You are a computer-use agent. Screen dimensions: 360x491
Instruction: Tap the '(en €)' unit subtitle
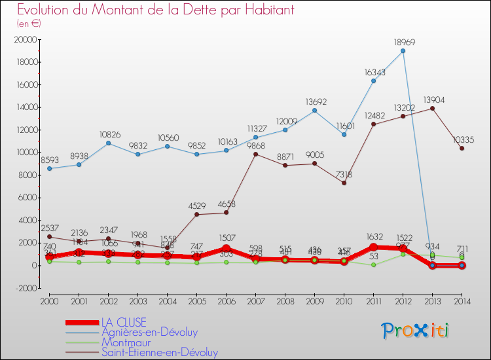(x=29, y=23)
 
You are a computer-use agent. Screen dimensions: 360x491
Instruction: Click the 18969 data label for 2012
(x=403, y=43)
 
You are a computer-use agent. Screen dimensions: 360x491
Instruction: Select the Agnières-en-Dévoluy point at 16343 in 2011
(x=373, y=81)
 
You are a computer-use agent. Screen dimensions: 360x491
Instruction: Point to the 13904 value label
(x=432, y=99)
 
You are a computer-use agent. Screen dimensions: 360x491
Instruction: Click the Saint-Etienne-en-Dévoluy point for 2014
(x=462, y=149)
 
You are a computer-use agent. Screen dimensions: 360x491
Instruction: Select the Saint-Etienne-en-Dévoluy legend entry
(x=159, y=352)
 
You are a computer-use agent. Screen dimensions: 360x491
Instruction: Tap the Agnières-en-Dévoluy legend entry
(x=149, y=333)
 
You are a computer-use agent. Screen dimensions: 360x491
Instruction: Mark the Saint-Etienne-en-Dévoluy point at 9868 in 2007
(x=255, y=154)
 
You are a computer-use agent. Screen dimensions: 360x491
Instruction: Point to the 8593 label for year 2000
(x=50, y=160)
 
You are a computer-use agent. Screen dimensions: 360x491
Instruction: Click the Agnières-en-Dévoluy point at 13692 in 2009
(x=314, y=111)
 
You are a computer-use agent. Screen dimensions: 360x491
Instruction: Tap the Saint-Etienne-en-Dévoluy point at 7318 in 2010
(x=344, y=183)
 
